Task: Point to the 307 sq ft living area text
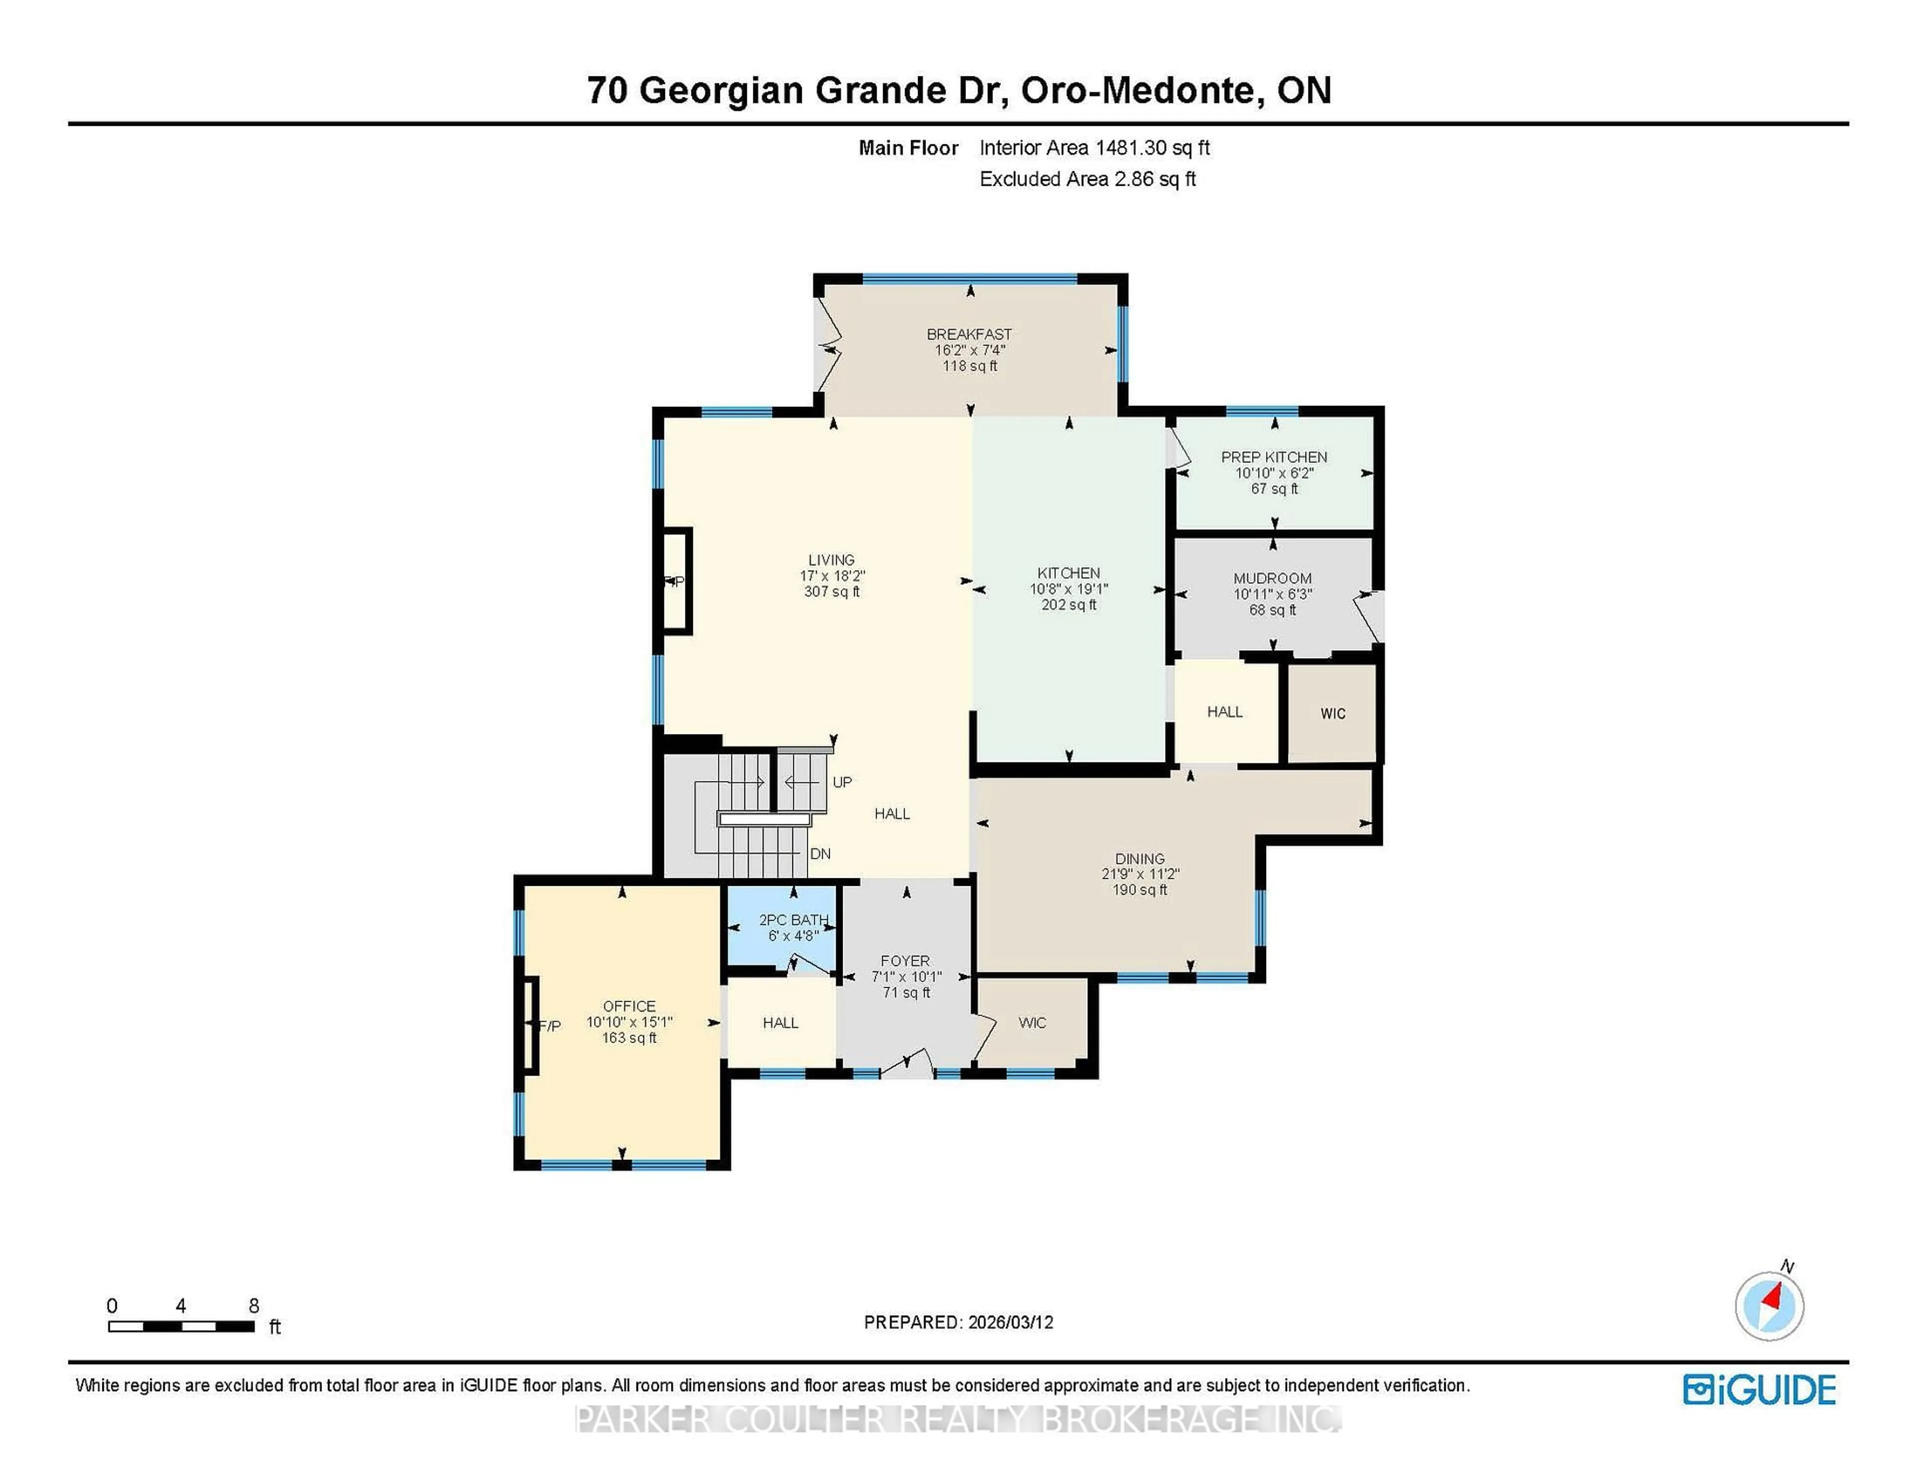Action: coord(831,592)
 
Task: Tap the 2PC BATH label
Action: coord(793,919)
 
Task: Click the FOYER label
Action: coord(905,961)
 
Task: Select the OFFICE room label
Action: coord(629,1006)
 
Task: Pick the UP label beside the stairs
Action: coord(842,782)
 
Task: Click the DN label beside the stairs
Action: coord(820,853)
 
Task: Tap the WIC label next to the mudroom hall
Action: coord(1332,714)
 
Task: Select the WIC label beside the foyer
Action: coord(1032,1023)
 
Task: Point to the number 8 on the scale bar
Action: coord(254,1306)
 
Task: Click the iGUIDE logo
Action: coord(1759,1390)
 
